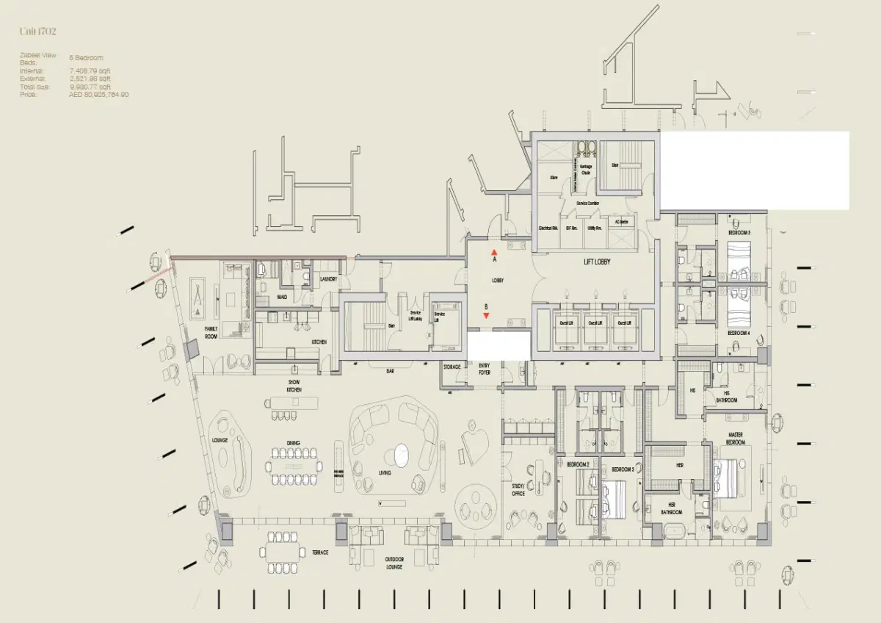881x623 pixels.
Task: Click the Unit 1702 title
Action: click(38, 31)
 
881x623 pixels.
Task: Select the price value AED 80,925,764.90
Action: click(99, 95)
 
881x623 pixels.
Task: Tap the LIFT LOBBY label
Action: click(597, 262)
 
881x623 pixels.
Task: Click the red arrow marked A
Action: click(494, 253)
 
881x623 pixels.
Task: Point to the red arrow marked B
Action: click(485, 315)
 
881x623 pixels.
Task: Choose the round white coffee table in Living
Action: click(401, 455)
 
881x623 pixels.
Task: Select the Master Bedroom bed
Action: click(728, 477)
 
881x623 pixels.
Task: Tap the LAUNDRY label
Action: click(328, 279)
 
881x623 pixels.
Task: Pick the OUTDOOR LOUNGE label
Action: click(394, 563)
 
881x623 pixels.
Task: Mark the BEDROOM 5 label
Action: click(739, 232)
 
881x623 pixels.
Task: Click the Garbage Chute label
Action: click(586, 170)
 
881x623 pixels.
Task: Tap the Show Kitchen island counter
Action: click(296, 403)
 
